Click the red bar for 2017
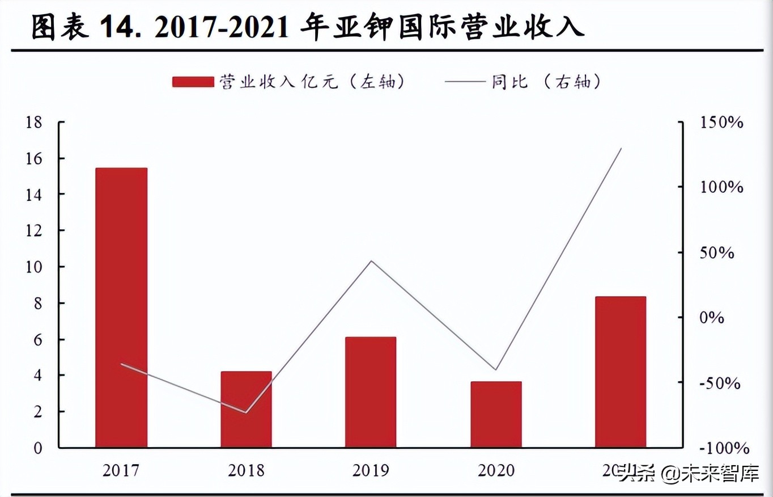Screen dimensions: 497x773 point(121,307)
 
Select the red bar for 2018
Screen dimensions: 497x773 point(246,409)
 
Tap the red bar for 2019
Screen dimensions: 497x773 point(371,391)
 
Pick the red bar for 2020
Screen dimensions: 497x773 point(496,414)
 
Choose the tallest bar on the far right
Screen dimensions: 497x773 point(621,372)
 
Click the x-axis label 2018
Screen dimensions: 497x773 point(246,470)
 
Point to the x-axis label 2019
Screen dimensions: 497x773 point(371,470)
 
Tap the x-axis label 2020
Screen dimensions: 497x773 point(496,470)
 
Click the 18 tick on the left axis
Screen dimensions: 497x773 point(34,122)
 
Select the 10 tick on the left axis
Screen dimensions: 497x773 point(34,267)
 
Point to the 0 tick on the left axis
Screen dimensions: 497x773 point(38,448)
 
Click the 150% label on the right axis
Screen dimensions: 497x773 point(721,122)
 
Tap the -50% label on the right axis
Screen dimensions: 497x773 point(720,383)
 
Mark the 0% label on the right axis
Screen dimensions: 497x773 point(711,318)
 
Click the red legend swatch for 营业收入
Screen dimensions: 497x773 point(192,82)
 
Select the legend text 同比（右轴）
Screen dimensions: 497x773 point(546,82)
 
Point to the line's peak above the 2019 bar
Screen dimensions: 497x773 point(371,261)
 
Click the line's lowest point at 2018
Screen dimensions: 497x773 point(246,412)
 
